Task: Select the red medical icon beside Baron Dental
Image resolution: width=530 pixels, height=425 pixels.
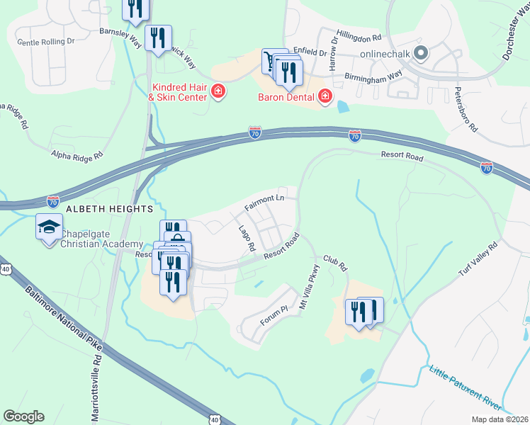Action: click(x=325, y=96)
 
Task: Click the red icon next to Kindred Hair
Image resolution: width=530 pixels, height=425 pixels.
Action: click(x=218, y=91)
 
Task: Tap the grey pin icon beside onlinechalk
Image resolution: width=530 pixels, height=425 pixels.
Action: click(x=420, y=53)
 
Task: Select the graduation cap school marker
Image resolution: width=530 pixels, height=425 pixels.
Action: click(x=49, y=228)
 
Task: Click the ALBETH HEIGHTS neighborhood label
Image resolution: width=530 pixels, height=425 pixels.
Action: click(x=109, y=210)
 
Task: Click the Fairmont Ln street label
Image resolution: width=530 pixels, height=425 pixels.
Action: click(x=264, y=201)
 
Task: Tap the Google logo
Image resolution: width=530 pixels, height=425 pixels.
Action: click(x=23, y=416)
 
